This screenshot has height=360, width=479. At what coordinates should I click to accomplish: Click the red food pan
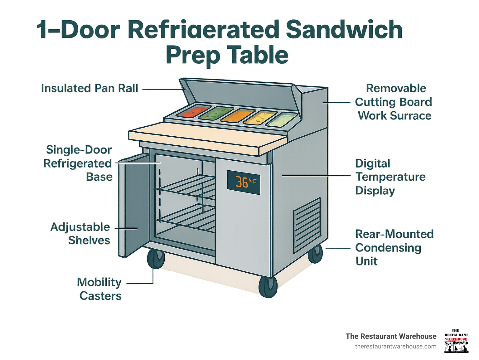point(193,111)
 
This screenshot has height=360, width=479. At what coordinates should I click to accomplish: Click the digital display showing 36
point(243,182)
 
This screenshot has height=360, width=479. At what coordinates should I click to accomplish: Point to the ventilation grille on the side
point(307,225)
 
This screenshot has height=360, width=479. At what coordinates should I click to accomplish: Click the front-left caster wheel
point(156,259)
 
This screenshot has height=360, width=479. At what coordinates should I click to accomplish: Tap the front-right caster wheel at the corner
point(268,287)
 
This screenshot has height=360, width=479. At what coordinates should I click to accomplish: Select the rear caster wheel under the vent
point(315,254)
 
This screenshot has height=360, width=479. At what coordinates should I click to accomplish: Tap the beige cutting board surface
point(206,137)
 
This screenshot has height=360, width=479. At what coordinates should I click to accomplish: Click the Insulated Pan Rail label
point(90,88)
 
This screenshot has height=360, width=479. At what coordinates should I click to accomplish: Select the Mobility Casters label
point(99,289)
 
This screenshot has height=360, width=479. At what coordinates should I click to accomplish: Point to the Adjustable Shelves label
point(81,234)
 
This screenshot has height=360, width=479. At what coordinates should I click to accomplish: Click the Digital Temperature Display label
point(390,177)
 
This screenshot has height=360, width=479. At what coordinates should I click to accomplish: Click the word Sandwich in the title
point(344,30)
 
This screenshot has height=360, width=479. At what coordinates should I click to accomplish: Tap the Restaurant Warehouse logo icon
point(456,341)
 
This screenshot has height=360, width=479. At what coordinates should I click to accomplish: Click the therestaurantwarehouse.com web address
point(395,346)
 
